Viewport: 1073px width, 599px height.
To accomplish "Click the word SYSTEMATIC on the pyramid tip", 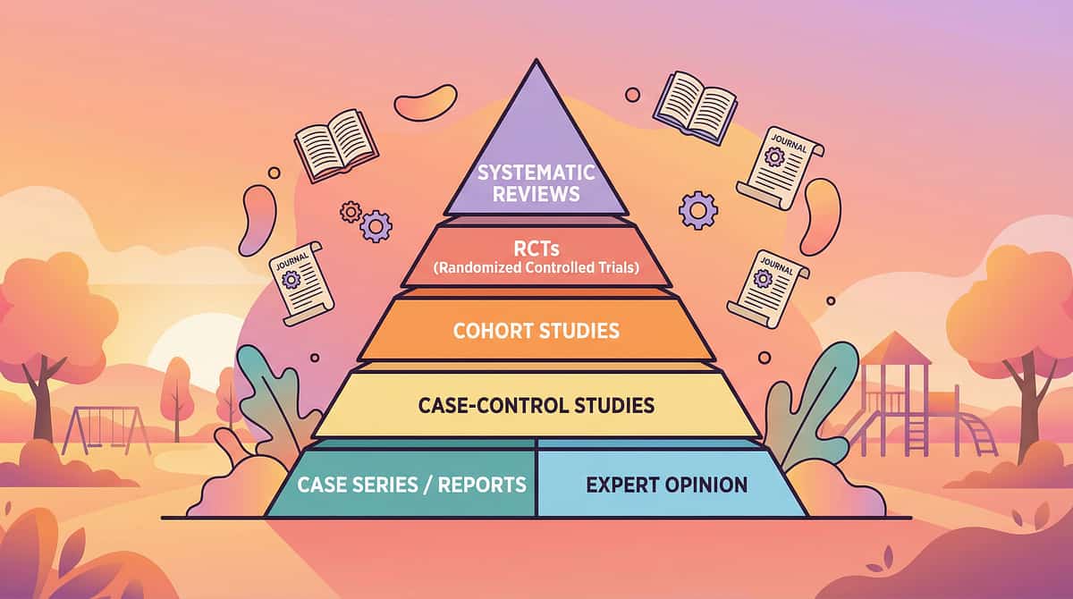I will click(x=536, y=171).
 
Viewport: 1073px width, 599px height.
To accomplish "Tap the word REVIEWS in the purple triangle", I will click(x=536, y=193).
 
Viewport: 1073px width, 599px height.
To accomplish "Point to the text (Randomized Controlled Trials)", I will click(x=536, y=266).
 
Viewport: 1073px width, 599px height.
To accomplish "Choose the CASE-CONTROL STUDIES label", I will click(x=536, y=406).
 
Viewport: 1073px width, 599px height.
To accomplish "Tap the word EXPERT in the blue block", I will click(x=621, y=485).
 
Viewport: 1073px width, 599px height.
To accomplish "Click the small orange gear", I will click(x=350, y=211).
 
